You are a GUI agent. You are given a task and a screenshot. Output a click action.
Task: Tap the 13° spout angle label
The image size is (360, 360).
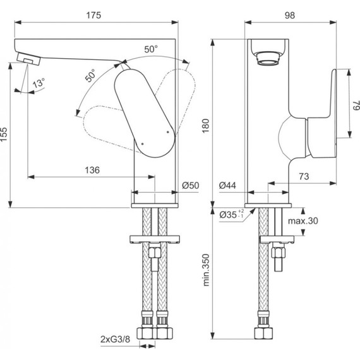click(x=39, y=83)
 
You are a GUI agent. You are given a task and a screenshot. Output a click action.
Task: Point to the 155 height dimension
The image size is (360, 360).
click(x=5, y=135)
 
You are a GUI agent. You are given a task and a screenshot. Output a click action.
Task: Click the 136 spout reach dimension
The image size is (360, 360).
click(x=92, y=170)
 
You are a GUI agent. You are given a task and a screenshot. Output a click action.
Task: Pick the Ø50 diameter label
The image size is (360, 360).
click(x=190, y=186)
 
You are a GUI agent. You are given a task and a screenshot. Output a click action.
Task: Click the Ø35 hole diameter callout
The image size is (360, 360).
click(x=232, y=215)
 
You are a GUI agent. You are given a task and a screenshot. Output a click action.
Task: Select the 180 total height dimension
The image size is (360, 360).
click(x=205, y=128)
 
